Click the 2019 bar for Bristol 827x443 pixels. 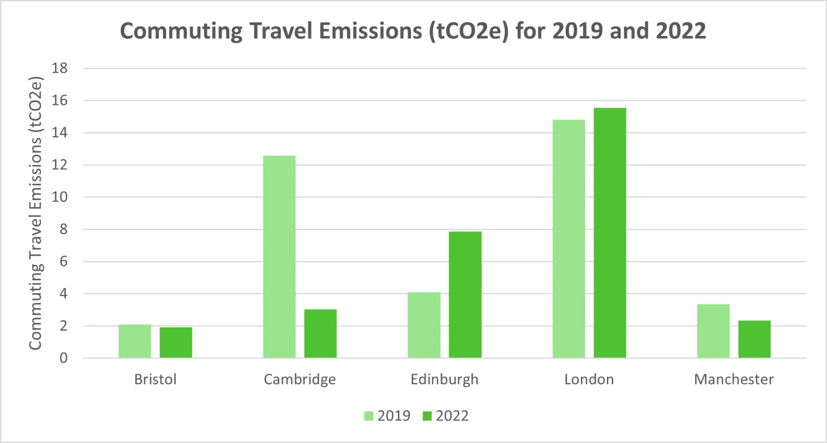coord(135,341)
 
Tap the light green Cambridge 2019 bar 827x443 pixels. coord(279,257)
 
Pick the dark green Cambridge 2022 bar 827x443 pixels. coord(320,333)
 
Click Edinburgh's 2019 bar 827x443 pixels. coord(424,325)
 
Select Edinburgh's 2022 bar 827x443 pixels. coord(465,294)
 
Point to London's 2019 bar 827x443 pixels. coord(569,239)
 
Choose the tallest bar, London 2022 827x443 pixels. coord(610,232)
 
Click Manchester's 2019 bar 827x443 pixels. coord(713,331)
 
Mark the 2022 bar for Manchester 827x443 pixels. coord(754,339)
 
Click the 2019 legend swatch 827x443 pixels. coord(369,416)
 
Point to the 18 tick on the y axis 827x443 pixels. coord(60,68)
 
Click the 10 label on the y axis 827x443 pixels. coord(60,197)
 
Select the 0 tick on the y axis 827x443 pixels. coord(63,358)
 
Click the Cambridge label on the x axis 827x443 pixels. coord(300,379)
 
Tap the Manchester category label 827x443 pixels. coord(734,379)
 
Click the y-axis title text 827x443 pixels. coord(35,213)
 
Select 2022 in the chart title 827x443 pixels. coord(681,31)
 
